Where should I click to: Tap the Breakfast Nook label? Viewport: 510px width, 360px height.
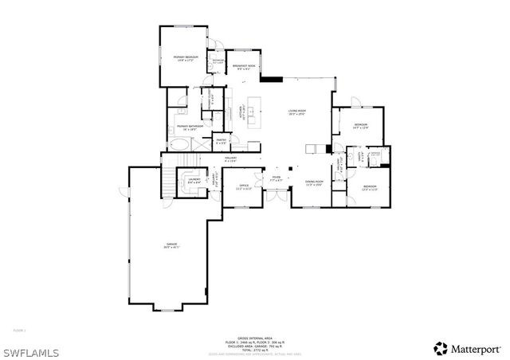coord(245,67)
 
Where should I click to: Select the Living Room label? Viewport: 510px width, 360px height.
coord(296,112)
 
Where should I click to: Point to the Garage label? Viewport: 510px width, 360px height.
coord(171,245)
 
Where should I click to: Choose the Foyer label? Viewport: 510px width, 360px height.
coord(276,178)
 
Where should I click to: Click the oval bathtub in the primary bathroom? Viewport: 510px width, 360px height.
coord(181,145)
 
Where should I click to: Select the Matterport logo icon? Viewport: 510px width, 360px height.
coord(440,348)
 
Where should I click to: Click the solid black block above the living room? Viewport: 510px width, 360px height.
coord(272,79)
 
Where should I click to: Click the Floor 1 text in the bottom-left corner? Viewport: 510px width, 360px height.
coord(20,329)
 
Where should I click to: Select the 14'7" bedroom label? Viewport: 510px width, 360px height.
coord(360,126)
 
